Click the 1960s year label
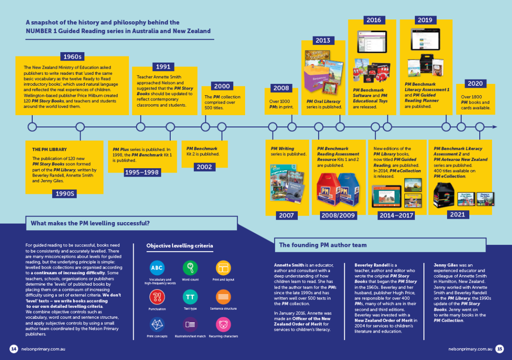pos(73,57)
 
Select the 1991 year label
pos(163,67)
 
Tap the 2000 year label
pos(222,86)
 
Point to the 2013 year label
pos(323,40)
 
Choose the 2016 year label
pos(373,20)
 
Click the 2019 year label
pos(424,20)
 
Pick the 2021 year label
pos(457,215)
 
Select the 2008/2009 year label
pos(338,216)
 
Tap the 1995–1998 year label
pos(142,172)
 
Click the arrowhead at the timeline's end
pos(494,127)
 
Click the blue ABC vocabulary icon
pos(157,268)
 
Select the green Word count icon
pos(190,268)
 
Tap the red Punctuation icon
pos(157,297)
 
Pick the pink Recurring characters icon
pos(223,324)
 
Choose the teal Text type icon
pos(190,297)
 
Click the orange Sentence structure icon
pos(223,297)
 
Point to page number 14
pos(14,349)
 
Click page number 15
pos(499,349)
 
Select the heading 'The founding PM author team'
pos(322,245)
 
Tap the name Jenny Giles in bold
pos(448,265)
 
